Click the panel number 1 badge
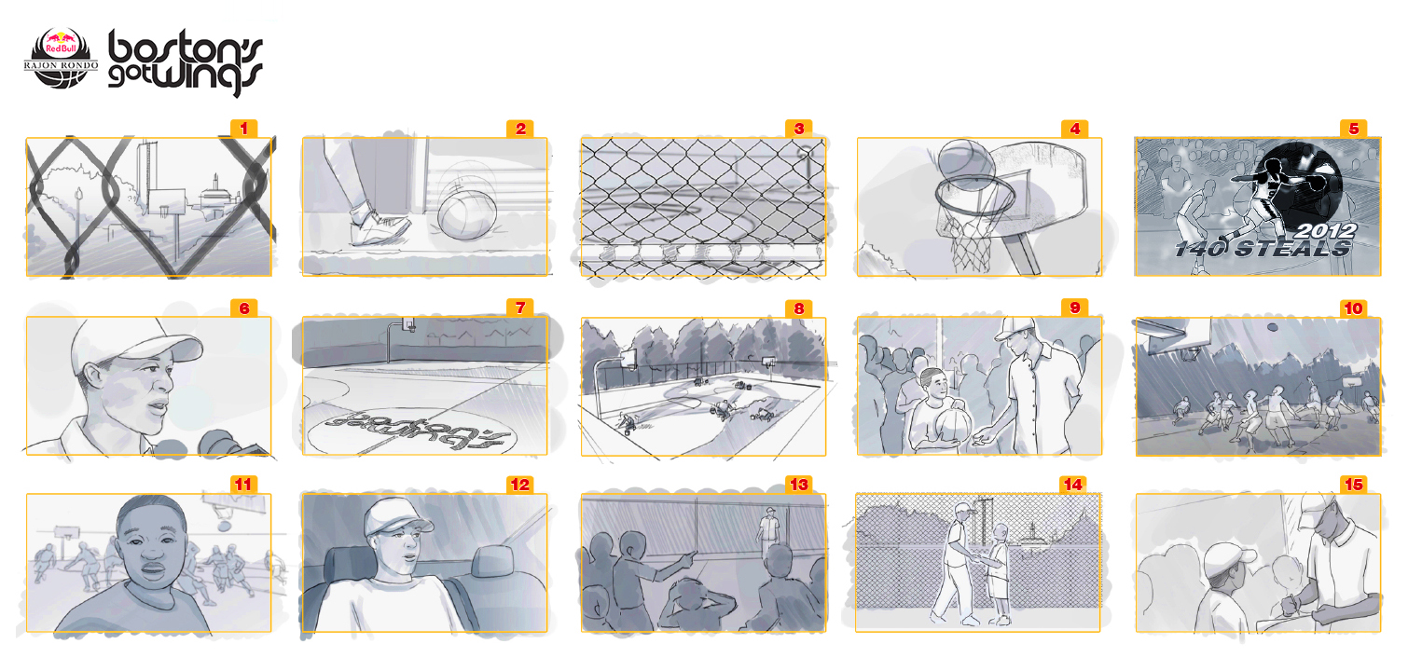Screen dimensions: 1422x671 pos(243,129)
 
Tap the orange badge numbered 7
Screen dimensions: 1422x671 pos(520,308)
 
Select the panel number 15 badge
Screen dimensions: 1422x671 pos(1353,485)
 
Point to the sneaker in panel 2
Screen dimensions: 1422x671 pos(380,226)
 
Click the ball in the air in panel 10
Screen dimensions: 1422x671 pos(1272,327)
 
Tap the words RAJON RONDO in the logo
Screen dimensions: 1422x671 pos(61,65)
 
